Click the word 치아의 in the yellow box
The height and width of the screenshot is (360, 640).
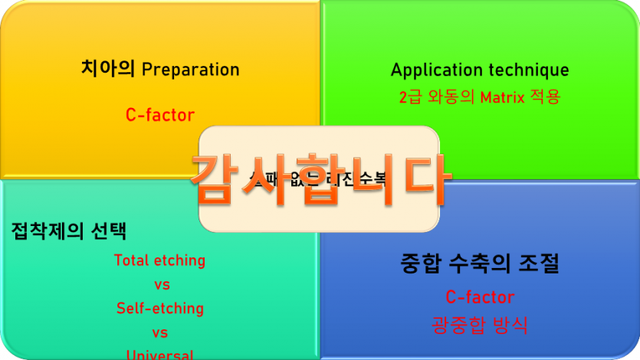[108, 69]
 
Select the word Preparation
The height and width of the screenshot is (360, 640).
[191, 70]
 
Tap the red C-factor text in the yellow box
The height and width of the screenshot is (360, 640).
[160, 115]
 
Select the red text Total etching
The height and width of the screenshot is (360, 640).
[160, 260]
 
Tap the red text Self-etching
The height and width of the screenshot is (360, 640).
[160, 309]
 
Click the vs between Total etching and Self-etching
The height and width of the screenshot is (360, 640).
[161, 285]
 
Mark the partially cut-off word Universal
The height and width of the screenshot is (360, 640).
[160, 355]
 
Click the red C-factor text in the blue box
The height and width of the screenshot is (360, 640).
[480, 296]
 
